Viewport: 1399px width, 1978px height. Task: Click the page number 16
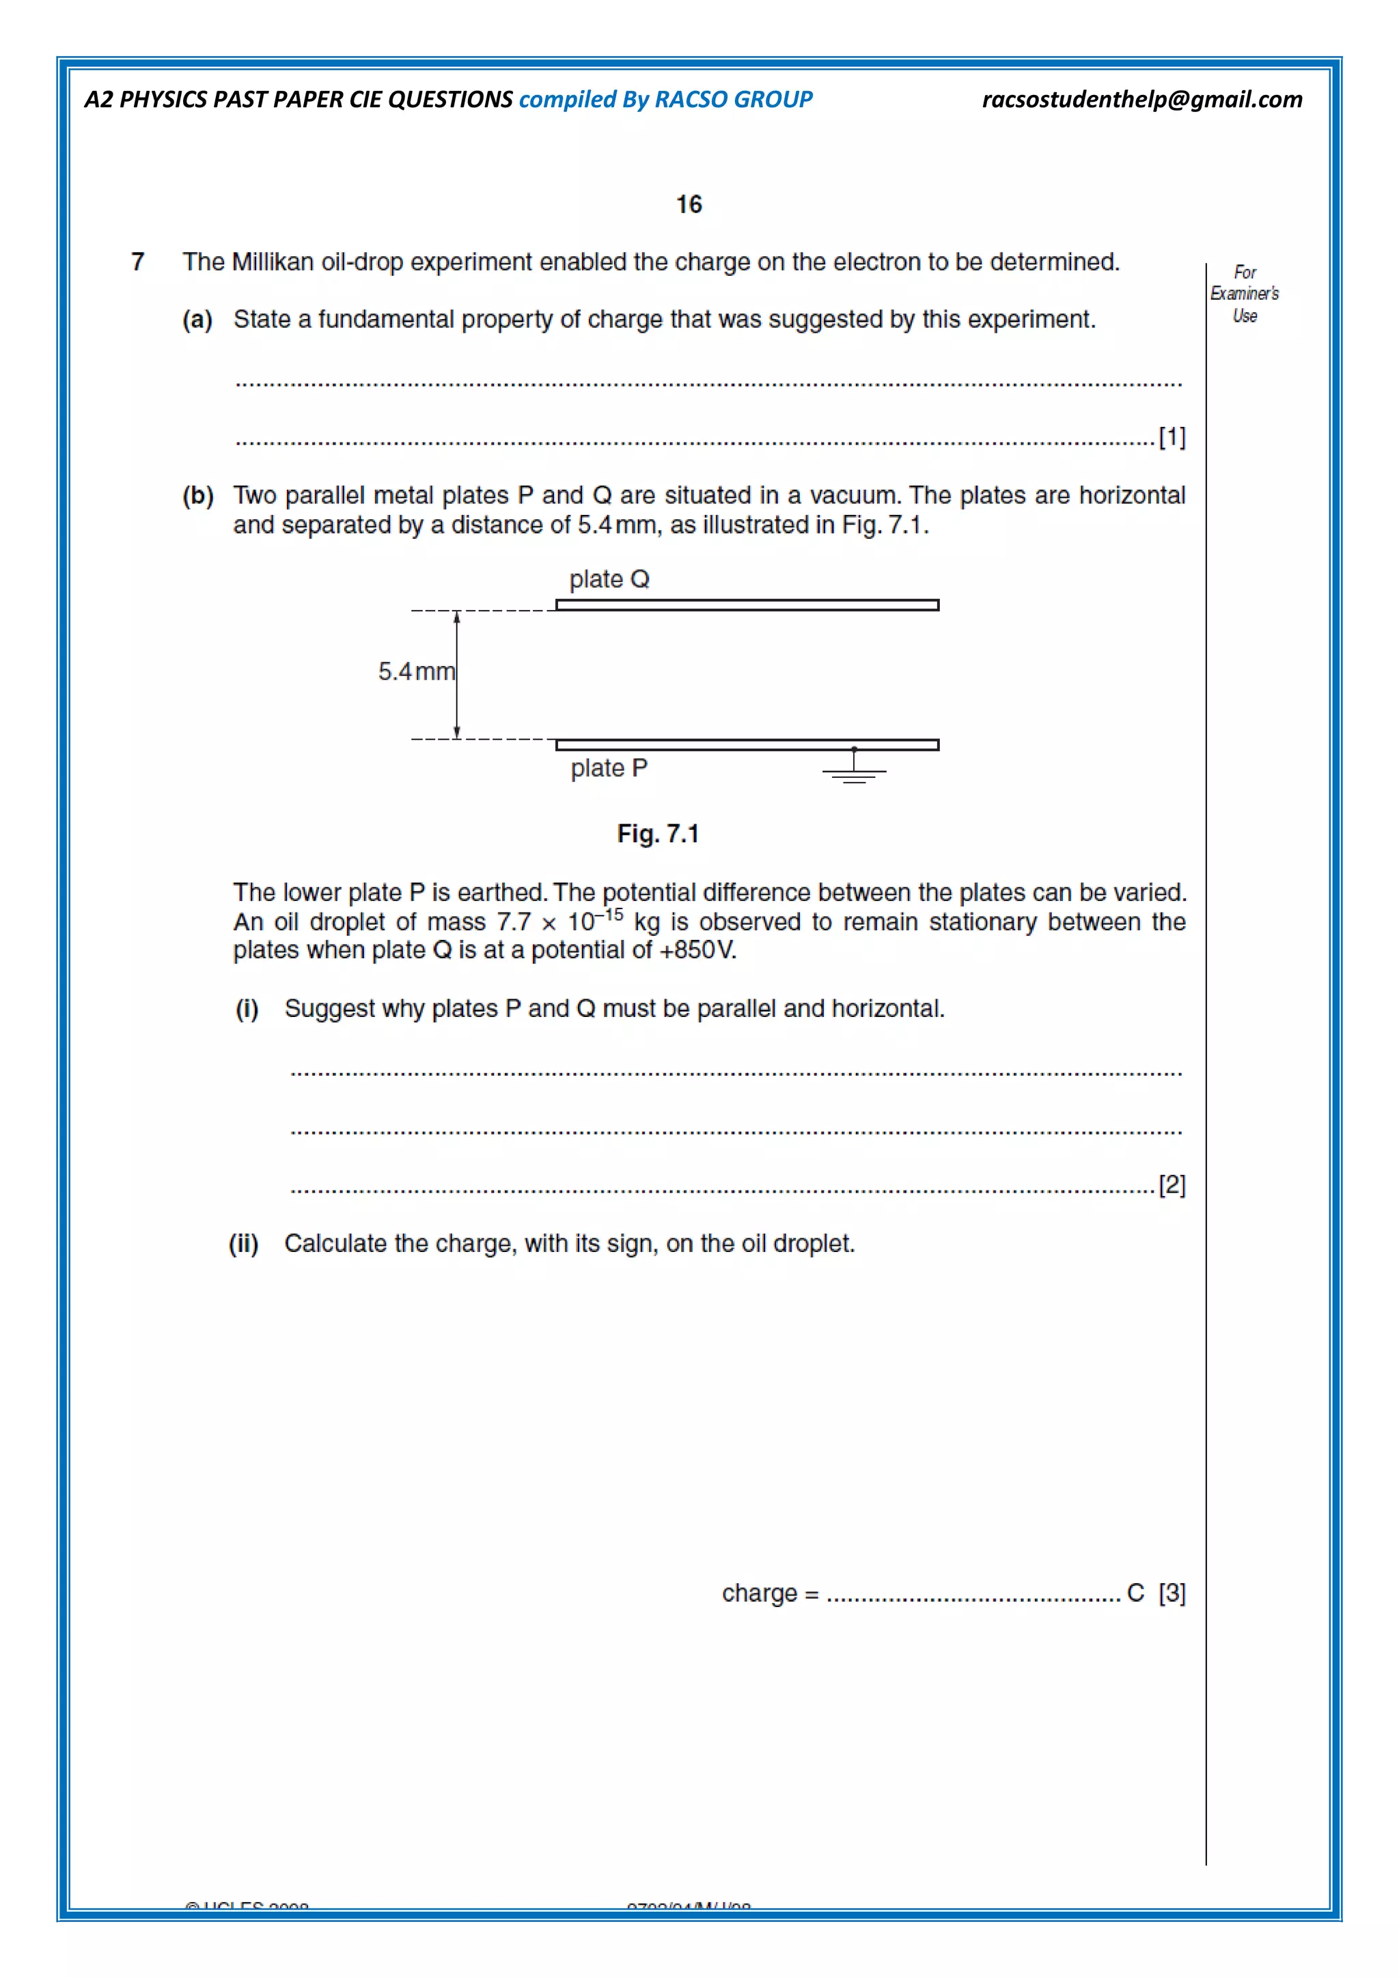[x=689, y=204]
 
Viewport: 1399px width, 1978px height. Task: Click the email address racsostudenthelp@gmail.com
[x=1141, y=100]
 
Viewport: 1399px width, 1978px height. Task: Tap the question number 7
[x=138, y=262]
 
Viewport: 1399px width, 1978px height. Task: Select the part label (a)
[x=197, y=320]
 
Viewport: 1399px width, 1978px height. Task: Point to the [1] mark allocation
[x=1172, y=438]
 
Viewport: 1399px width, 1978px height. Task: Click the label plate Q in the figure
[x=609, y=579]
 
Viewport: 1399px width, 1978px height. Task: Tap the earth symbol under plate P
[x=854, y=772]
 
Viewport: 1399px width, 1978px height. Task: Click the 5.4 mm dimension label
[x=416, y=671]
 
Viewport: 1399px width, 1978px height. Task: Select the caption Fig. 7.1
[x=657, y=834]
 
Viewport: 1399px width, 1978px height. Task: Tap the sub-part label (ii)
[x=244, y=1243]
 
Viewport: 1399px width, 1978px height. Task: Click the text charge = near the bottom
[x=769, y=1593]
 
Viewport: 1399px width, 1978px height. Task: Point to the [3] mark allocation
[x=1172, y=1593]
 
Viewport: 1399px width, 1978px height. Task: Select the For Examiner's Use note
[x=1244, y=294]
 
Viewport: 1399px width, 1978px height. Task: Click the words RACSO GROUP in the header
[x=733, y=100]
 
